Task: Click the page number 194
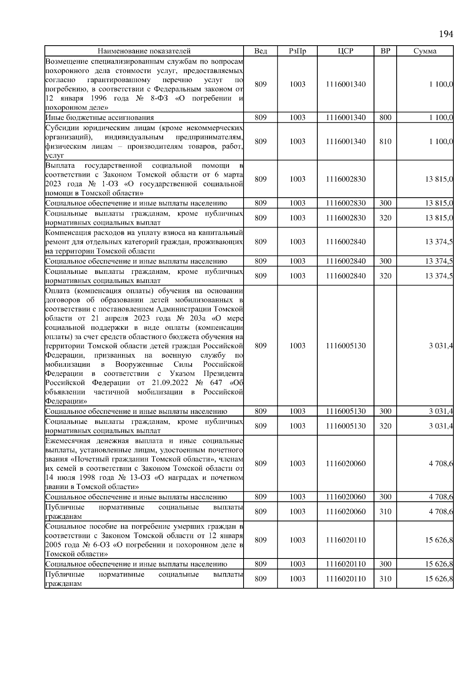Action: (446, 34)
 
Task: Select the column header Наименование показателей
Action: (144, 51)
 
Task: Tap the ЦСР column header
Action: (345, 51)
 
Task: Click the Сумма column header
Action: (425, 51)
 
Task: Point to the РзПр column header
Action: (297, 51)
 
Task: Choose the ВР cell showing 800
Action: (385, 117)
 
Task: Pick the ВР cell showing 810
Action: (385, 142)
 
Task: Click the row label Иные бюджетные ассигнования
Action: (100, 117)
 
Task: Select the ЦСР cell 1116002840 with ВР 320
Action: (345, 276)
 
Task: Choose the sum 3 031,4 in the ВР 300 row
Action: (441, 411)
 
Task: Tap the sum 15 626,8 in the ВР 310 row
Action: (439, 579)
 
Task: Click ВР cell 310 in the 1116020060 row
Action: (385, 512)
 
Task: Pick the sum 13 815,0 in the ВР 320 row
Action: (439, 218)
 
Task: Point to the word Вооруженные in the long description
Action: (139, 364)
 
